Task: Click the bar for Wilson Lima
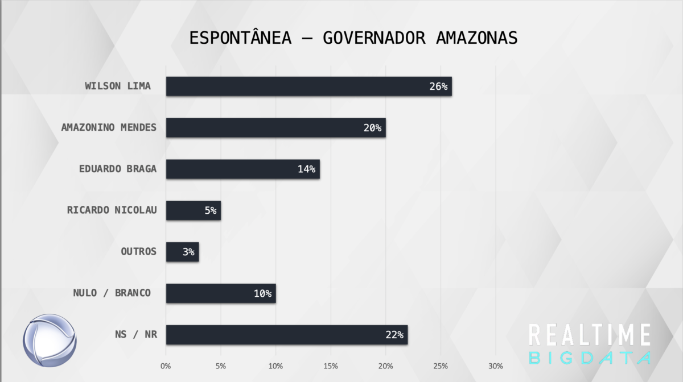click(x=308, y=86)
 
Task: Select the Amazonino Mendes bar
click(x=275, y=128)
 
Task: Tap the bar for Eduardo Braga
click(x=242, y=169)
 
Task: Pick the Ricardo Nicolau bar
click(x=193, y=210)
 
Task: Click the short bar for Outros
click(x=182, y=252)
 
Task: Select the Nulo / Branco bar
click(x=221, y=293)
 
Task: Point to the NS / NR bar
click(x=286, y=335)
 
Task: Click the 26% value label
click(x=439, y=87)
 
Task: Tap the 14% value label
click(x=307, y=169)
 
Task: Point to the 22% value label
click(x=394, y=335)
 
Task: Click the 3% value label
click(x=188, y=252)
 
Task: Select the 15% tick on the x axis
click(x=331, y=366)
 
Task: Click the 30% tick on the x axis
click(x=495, y=366)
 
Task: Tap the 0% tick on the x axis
click(x=166, y=366)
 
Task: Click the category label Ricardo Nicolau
click(x=112, y=210)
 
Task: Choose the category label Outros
click(x=138, y=251)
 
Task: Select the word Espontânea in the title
click(x=240, y=38)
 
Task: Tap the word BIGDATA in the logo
click(x=590, y=358)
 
